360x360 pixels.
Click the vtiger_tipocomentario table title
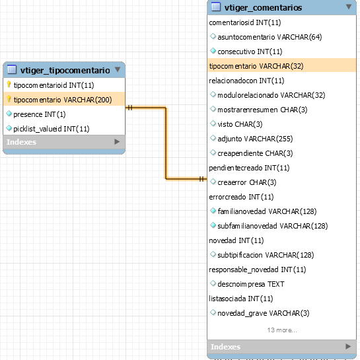[65, 70]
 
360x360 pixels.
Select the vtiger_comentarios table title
[263, 7]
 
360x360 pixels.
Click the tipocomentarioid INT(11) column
[54, 85]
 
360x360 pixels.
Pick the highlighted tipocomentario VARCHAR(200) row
[64, 100]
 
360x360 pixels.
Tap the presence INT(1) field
[40, 114]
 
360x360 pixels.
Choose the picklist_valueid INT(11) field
[52, 129]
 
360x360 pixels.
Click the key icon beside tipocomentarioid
[9, 85]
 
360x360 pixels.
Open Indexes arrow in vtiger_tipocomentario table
[117, 142]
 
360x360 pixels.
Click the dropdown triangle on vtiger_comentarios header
[349, 7]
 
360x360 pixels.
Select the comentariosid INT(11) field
[245, 22]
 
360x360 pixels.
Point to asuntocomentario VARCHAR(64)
[270, 37]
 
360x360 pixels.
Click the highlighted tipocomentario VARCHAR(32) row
[281, 66]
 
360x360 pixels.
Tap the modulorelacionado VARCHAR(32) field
[271, 95]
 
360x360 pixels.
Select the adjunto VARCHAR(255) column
[255, 139]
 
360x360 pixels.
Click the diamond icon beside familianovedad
[213, 211]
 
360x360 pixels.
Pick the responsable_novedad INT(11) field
[258, 270]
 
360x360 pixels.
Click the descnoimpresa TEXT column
[251, 284]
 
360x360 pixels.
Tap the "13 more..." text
[282, 330]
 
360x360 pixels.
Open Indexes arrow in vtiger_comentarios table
[348, 346]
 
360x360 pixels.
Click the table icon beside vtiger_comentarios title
[216, 7]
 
